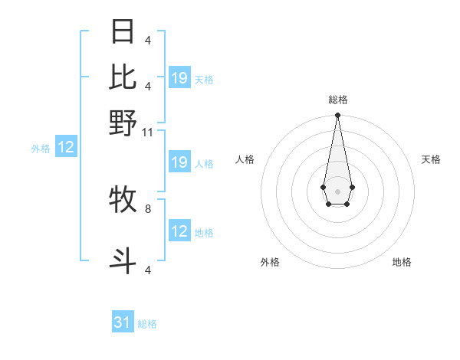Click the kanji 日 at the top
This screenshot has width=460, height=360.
[123, 31]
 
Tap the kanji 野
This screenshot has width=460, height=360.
[123, 123]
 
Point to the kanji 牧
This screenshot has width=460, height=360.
[123, 199]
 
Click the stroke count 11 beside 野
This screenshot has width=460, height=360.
[148, 132]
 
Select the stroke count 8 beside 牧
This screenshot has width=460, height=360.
[148, 208]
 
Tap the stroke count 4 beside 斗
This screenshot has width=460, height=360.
[148, 269]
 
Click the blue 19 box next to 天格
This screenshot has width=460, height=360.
[179, 77]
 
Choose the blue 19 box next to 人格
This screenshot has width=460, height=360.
[179, 162]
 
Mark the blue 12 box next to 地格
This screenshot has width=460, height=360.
[179, 231]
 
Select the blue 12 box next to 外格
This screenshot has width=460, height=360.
[66, 148]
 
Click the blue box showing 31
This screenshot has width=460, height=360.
[123, 322]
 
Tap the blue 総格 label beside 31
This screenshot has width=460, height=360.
[147, 324]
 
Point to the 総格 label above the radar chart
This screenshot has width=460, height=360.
[338, 100]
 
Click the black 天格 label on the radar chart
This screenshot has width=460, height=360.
[431, 159]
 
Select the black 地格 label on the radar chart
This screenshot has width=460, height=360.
[402, 262]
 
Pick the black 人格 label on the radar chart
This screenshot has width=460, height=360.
[245, 159]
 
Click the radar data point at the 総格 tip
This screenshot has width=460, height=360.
[337, 116]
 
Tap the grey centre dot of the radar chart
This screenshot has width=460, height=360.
[337, 190]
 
